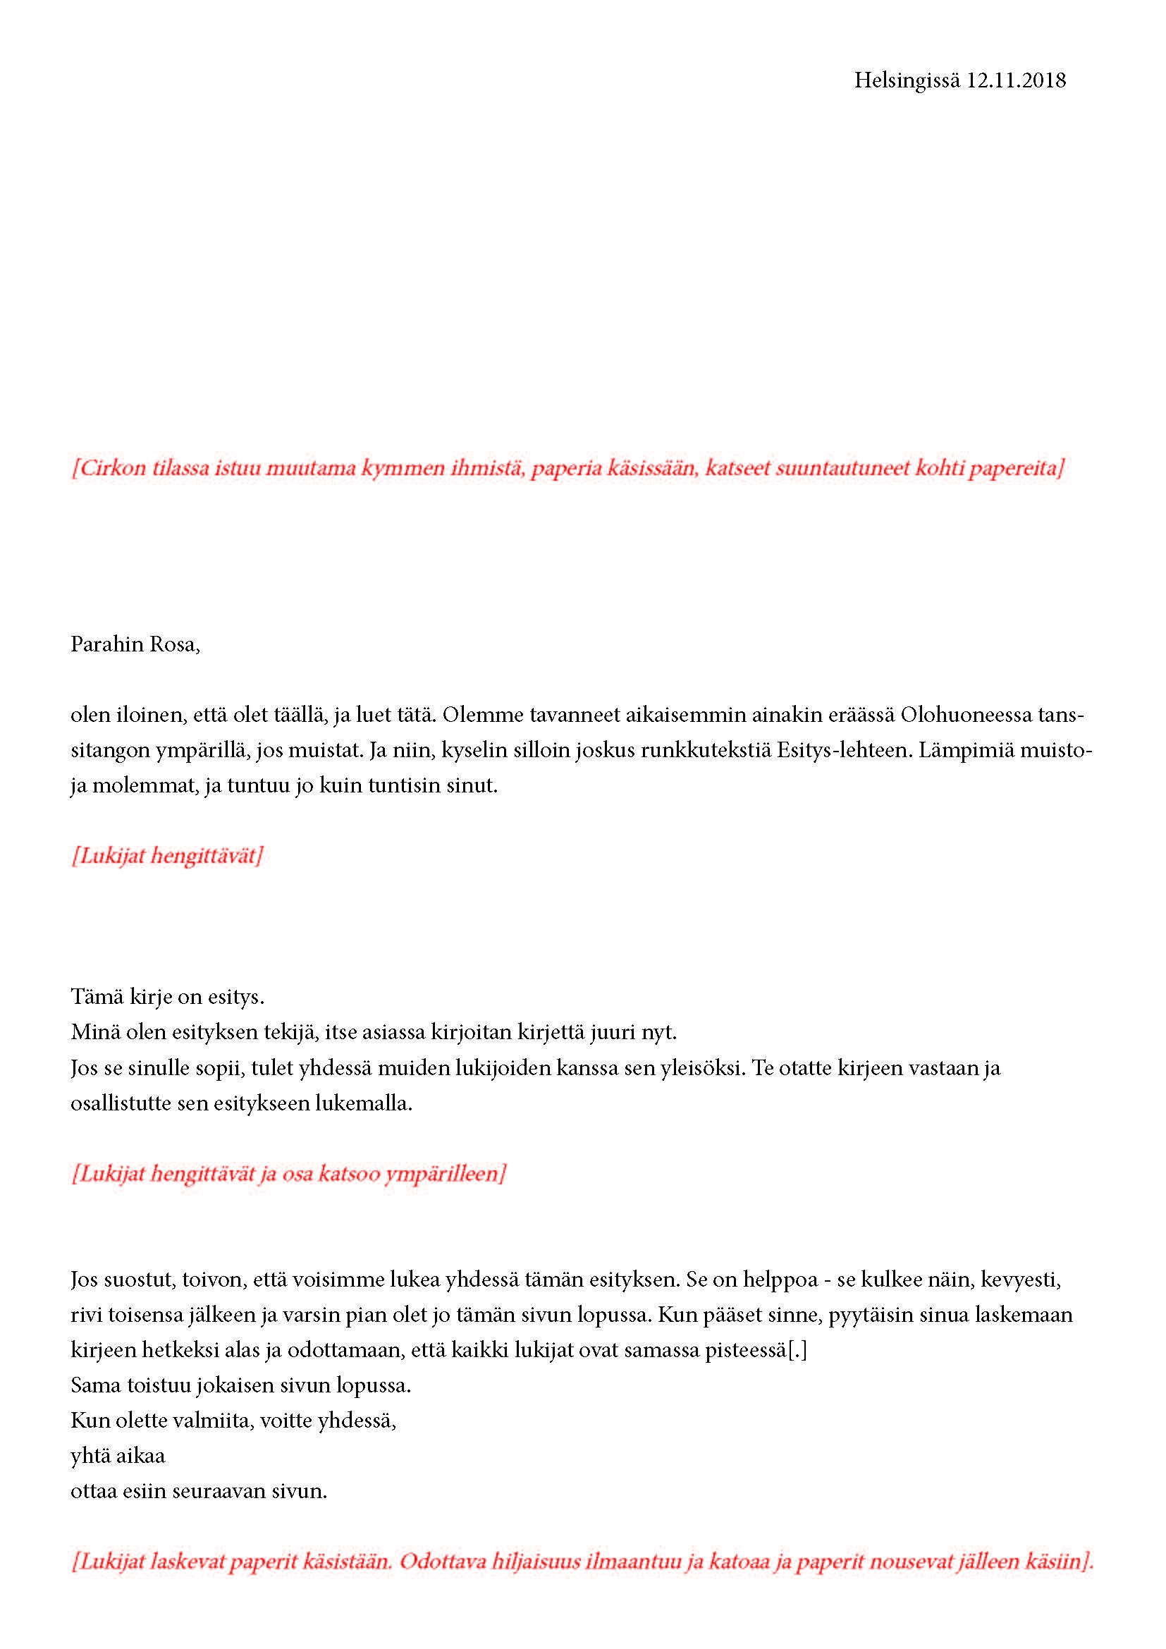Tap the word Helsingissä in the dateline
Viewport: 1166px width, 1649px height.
(x=906, y=80)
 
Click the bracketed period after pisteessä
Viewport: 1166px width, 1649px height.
(x=797, y=1350)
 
